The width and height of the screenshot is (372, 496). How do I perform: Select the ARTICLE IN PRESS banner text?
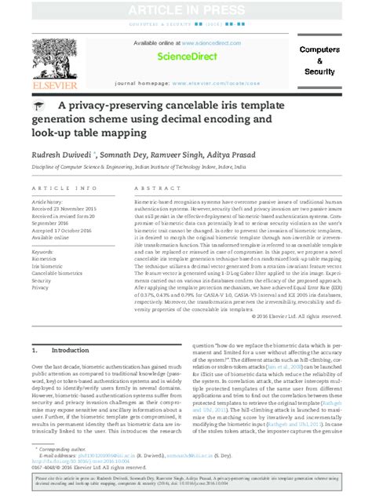point(186,10)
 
